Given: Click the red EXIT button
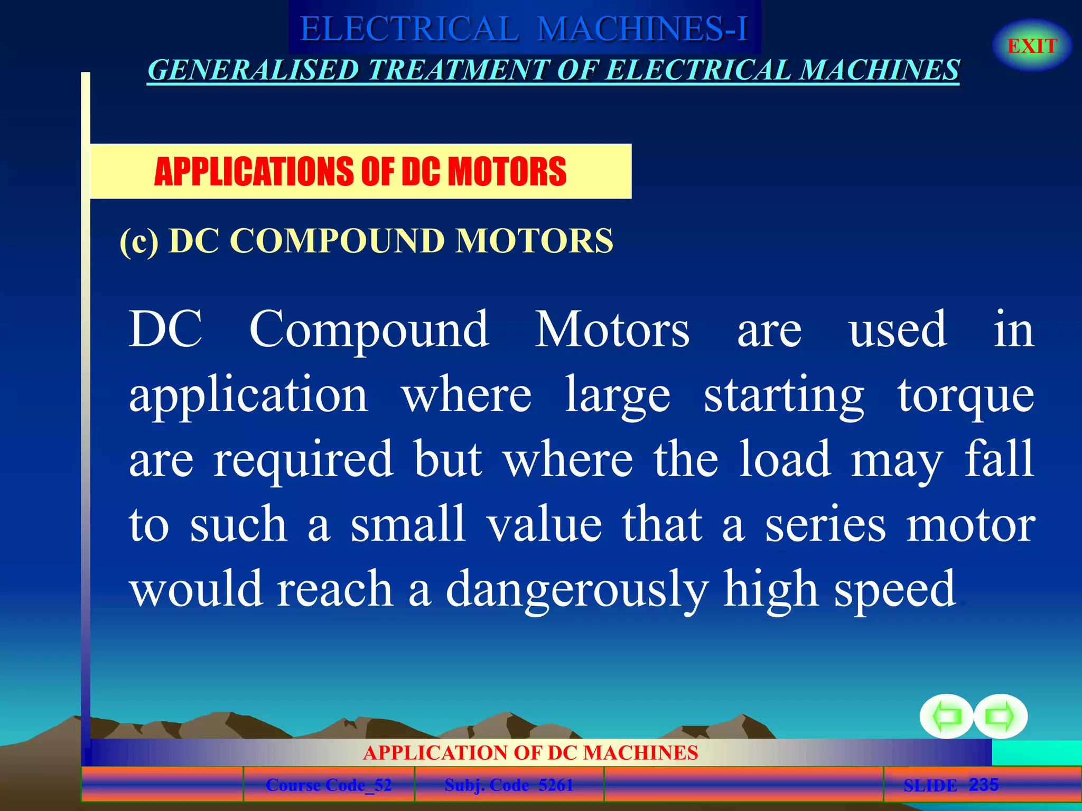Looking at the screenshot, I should pos(1032,46).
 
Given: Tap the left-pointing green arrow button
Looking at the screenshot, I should pos(946,716).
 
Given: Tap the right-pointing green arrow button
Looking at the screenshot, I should pos(1001,716).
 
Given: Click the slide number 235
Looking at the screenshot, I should pos(983,785).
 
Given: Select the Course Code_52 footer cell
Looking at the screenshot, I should pos(329,785).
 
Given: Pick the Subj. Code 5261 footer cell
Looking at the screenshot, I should pos(509,785).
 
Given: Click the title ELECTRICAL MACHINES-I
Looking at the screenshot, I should pos(524,29).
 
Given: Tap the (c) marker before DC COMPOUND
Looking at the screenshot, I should pos(139,241).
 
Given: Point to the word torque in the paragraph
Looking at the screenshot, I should pos(966,396).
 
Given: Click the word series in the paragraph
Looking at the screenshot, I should pos(825,524).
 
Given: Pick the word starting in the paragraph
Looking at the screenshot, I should pos(784,396).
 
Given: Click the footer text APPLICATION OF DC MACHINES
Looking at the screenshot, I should pos(530,752).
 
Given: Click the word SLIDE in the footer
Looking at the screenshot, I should pos(930,786).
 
